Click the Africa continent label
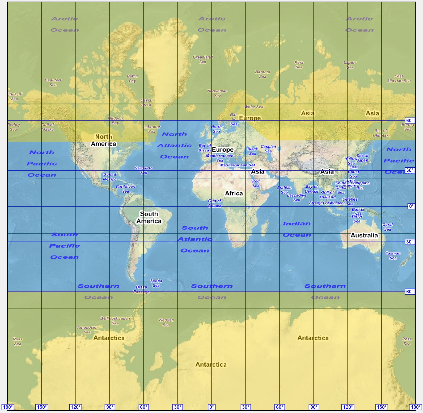tap(234, 193)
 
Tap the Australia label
tap(364, 235)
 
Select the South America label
tap(149, 217)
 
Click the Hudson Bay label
tap(115, 121)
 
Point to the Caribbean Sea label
tap(125, 189)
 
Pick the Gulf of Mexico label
tap(110, 177)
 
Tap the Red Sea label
tap(256, 183)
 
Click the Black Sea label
tap(252, 151)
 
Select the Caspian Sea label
tap(268, 149)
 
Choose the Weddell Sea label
tap(166, 322)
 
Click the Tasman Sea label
tap(393, 255)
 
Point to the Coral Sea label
tap(387, 227)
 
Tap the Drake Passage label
tap(141, 290)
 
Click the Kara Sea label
tap(299, 65)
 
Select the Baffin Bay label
tap(132, 79)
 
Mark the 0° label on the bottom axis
tap(211, 407)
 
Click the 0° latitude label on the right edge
tap(411, 206)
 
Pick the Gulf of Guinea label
tap(215, 203)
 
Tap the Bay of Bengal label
tap(311, 189)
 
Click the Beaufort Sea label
tap(53, 82)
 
